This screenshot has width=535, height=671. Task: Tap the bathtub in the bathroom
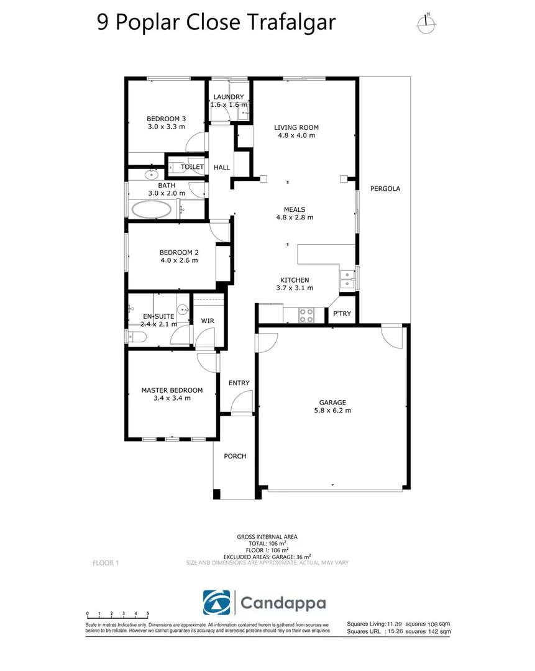[151, 210]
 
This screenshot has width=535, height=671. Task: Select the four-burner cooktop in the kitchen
[306, 316]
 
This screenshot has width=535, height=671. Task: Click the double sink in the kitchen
[347, 279]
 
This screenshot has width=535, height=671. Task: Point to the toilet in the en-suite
[137, 337]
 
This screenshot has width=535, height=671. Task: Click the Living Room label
[296, 127]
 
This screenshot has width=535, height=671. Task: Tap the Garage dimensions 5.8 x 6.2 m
[332, 411]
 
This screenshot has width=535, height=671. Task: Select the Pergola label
[385, 189]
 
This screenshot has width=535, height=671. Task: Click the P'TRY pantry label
[342, 314]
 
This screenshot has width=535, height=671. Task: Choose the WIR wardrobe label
[208, 321]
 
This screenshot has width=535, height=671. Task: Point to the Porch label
[235, 456]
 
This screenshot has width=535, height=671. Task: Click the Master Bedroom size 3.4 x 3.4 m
[172, 398]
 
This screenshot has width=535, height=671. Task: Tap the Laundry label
[229, 97]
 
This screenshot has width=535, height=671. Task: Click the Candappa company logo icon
[217, 603]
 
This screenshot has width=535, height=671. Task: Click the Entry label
[239, 383]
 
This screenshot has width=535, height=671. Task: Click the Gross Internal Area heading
[267, 537]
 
